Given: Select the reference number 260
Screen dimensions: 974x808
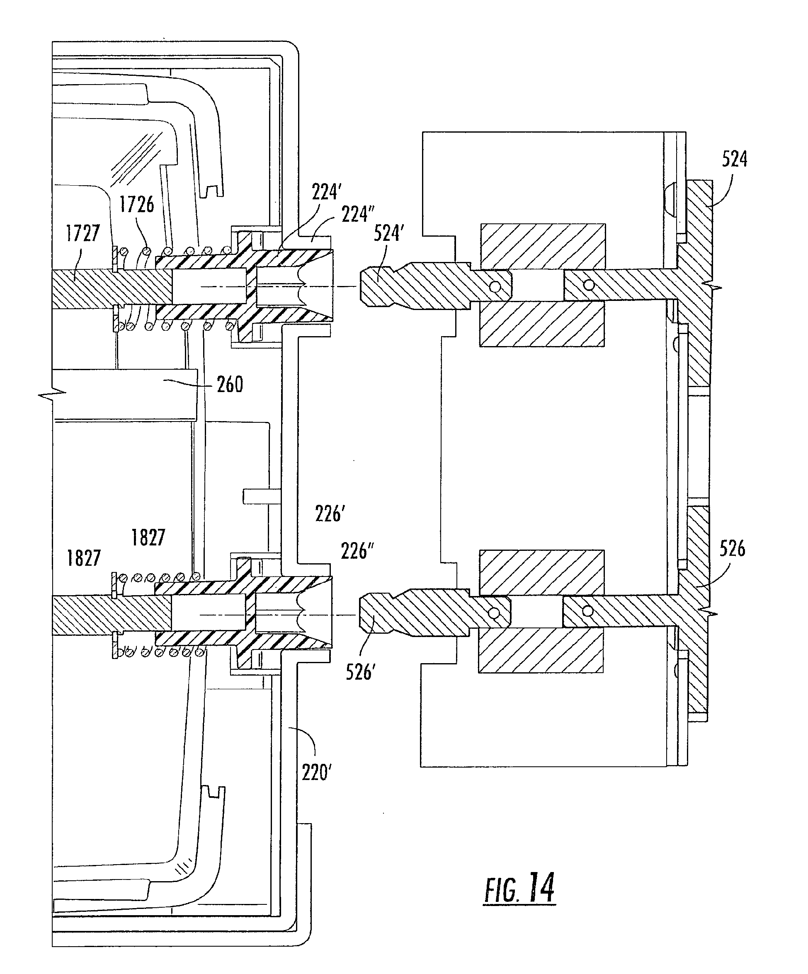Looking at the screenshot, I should (230, 385).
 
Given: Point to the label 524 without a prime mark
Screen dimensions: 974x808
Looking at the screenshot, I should (735, 159).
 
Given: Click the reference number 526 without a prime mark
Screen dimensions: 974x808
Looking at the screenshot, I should (732, 549).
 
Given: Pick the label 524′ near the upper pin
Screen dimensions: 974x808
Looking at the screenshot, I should (387, 233).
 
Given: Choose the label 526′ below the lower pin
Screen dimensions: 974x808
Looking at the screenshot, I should (360, 671).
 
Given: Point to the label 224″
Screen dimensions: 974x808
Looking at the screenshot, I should (358, 214).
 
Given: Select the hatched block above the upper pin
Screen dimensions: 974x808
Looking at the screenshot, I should (543, 247).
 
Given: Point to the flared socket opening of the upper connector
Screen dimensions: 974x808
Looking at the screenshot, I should (320, 285).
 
